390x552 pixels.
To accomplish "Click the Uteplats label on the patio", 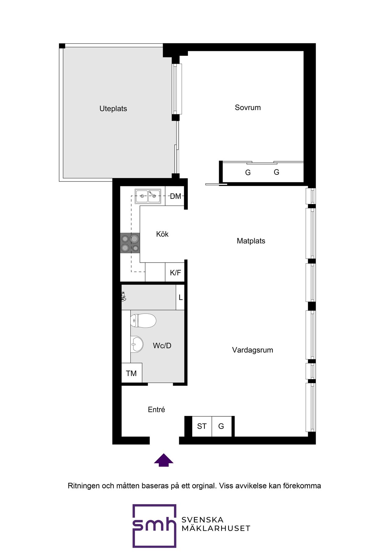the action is [x=113, y=109].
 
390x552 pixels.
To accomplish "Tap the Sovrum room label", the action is [x=248, y=107].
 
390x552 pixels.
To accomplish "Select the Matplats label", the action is [x=251, y=241].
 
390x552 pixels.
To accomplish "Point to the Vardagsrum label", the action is [x=252, y=350].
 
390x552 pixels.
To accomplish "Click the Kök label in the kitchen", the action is [x=162, y=234].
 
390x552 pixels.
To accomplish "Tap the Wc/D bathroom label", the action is [x=162, y=346].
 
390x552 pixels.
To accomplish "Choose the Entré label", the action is [x=156, y=410].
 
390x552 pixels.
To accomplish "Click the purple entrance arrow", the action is [x=164, y=460].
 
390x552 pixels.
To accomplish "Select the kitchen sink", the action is [x=148, y=196].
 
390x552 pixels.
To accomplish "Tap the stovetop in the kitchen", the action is [x=130, y=243].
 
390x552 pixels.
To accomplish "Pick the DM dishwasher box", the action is [x=175, y=196].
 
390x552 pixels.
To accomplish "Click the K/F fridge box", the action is [x=175, y=272].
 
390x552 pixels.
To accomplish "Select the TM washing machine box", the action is [x=132, y=373].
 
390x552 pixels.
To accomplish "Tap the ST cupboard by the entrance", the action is [x=202, y=426].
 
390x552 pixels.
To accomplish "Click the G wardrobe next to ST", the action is [x=222, y=426].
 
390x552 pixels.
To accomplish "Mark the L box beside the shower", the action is [x=180, y=297].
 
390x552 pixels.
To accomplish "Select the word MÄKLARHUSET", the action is [x=216, y=528].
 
